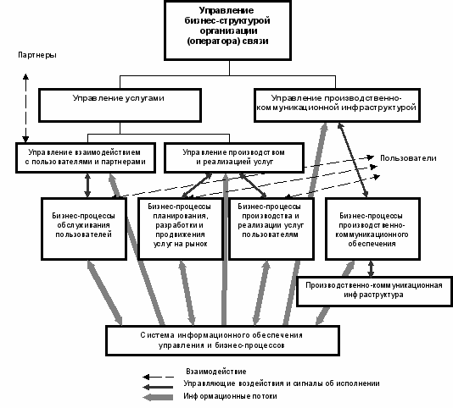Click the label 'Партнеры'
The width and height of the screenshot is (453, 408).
(37, 55)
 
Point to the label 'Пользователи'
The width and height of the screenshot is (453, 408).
(408, 158)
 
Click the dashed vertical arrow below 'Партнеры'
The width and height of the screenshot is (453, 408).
(25, 108)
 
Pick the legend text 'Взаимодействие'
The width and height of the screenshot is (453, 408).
(216, 372)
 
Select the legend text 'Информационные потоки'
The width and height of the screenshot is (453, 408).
(230, 396)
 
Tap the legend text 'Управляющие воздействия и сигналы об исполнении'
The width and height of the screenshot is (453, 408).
(282, 383)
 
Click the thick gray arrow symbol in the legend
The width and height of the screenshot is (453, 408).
(158, 397)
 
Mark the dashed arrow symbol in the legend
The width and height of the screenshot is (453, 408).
(158, 377)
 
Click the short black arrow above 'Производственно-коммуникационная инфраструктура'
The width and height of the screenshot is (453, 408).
(371, 268)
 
